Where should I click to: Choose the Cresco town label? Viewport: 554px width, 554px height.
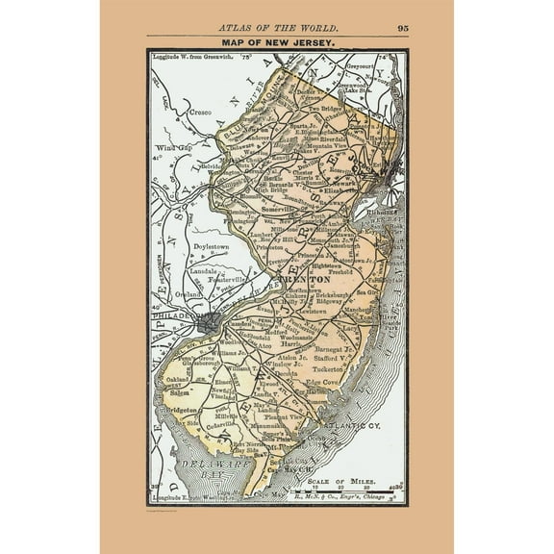click(x=198, y=113)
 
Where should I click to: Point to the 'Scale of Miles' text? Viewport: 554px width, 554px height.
click(x=350, y=477)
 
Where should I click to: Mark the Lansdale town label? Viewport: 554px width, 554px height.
click(x=205, y=273)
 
